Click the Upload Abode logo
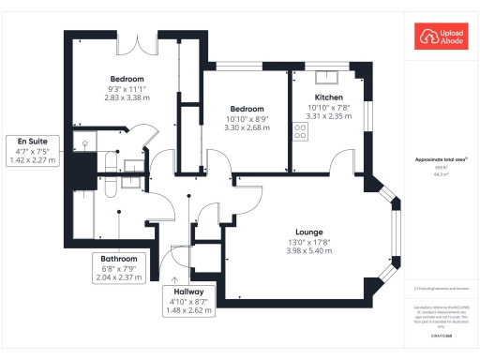point(439,38)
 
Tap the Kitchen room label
point(327,97)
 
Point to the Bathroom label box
point(120,267)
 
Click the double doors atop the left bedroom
point(143,42)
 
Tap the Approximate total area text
point(439,160)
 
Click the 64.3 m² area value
point(439,173)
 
